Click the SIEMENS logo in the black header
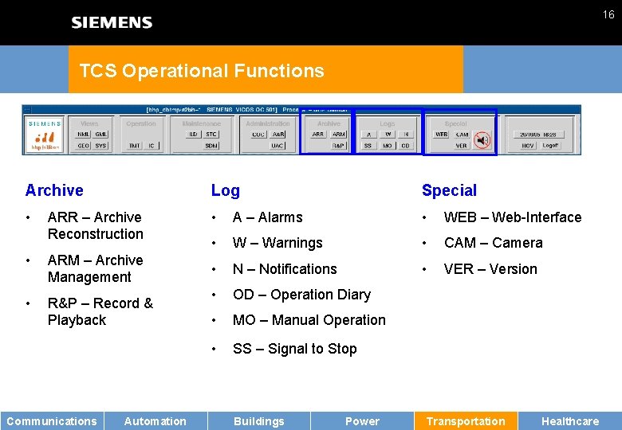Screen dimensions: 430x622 112,22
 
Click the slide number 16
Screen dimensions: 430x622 608,14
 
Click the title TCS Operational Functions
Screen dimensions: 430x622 202,71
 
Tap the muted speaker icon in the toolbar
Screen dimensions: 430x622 482,141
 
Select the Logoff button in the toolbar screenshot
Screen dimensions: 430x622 552,146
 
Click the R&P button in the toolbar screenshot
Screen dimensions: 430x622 339,146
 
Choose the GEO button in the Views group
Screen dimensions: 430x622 83,146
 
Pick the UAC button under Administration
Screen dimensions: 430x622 278,146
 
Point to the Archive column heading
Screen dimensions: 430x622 54,190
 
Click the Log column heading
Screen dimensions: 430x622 225,190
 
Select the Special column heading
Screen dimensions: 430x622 449,190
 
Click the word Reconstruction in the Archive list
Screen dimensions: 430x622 96,234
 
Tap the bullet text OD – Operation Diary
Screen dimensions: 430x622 301,295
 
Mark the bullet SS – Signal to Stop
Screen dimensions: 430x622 294,349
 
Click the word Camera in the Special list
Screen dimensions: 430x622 517,243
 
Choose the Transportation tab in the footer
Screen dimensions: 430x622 466,421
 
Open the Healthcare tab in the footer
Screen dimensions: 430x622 570,421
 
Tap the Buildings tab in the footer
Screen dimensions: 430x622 258,421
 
